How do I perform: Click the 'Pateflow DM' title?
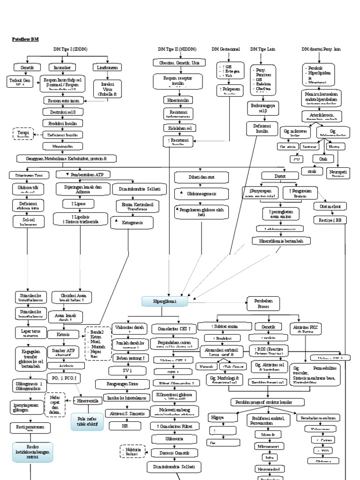[x=25, y=40]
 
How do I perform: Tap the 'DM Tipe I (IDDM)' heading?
[x=70, y=49]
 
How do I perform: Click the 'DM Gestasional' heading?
[x=225, y=49]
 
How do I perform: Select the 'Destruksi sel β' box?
[x=66, y=112]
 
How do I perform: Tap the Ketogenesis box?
[x=132, y=224]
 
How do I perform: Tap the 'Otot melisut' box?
[x=330, y=207]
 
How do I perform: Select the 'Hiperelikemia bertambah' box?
[x=281, y=241]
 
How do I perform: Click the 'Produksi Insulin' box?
[x=66, y=123]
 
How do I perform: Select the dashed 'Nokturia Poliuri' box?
[x=132, y=451]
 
